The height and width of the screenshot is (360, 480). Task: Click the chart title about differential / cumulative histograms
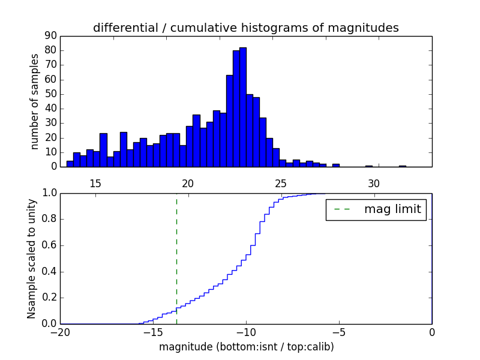pyautogui.click(x=245, y=28)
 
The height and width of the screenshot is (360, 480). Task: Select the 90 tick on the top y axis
pyautogui.click(x=50, y=36)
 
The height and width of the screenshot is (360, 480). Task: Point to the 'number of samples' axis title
pyautogui.click(x=35, y=101)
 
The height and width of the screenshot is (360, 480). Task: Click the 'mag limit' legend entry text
pyautogui.click(x=392, y=209)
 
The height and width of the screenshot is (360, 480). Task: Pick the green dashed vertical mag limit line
pyautogui.click(x=176, y=258)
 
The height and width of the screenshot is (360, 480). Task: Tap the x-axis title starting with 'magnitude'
pyautogui.click(x=246, y=347)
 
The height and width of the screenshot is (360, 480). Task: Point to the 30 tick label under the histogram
pyautogui.click(x=374, y=183)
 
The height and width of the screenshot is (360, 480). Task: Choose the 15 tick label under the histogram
pyautogui.click(x=95, y=183)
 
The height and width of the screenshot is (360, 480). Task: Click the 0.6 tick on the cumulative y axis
pyautogui.click(x=49, y=245)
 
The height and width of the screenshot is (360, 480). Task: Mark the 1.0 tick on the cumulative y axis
pyautogui.click(x=49, y=193)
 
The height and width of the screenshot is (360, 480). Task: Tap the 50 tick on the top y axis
pyautogui.click(x=50, y=94)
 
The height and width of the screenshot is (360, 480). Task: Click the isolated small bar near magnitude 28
pyautogui.click(x=336, y=165)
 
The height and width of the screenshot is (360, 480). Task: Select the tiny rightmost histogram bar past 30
pyautogui.click(x=402, y=166)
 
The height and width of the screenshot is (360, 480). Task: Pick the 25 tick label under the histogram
pyautogui.click(x=281, y=183)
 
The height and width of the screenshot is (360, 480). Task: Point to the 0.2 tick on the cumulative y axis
pyautogui.click(x=49, y=298)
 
